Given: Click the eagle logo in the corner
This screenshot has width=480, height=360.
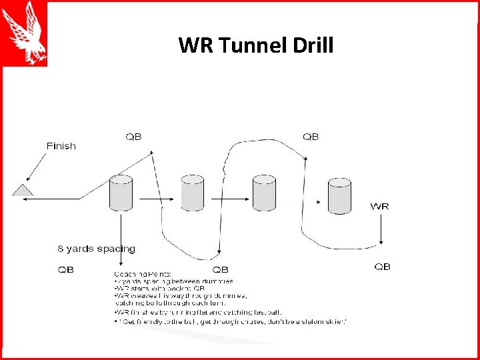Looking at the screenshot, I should [24, 33].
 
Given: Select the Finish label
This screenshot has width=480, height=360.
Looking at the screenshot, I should [61, 146].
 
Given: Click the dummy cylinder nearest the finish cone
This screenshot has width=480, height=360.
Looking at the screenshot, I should [121, 193].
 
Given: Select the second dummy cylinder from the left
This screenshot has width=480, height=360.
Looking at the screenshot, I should [193, 193].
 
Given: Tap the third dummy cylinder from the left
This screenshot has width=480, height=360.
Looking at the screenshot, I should [264, 193].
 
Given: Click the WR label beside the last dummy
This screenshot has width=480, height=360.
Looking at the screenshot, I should [379, 206].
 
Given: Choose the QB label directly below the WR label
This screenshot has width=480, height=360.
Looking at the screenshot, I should [382, 267].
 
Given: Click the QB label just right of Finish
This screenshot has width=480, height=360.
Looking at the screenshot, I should [133, 137].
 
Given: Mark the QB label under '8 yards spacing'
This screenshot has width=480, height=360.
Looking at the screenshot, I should [66, 270].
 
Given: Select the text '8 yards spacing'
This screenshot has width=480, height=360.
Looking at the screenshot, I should [96, 249].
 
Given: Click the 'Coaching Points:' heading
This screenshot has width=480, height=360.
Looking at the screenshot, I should [143, 273].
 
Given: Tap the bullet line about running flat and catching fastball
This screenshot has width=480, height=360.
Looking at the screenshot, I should [197, 312].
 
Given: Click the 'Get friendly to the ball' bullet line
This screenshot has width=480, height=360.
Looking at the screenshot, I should [230, 321].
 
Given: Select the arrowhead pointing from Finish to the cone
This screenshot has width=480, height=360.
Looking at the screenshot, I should [28, 179].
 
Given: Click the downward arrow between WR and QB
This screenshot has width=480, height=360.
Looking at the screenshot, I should [380, 233].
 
